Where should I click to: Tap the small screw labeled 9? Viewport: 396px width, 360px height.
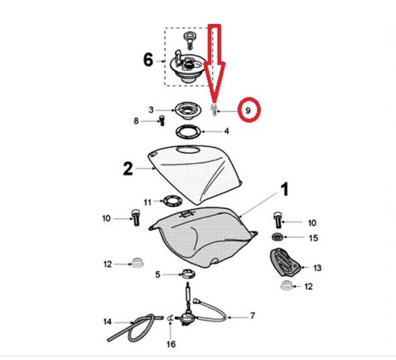[214, 110]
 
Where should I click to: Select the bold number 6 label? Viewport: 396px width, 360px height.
[148, 61]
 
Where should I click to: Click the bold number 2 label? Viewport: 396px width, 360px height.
[128, 169]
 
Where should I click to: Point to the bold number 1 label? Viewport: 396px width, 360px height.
[285, 189]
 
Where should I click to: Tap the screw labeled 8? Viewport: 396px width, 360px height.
[162, 120]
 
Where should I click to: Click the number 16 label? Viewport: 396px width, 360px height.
[171, 344]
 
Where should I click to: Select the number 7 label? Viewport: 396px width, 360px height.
[252, 315]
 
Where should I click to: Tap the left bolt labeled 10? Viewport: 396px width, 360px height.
[136, 218]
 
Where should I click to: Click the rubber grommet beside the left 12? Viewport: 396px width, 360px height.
[137, 262]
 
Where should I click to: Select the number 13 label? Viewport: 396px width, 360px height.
[317, 268]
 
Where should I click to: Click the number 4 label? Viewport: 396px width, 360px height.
[226, 131]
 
